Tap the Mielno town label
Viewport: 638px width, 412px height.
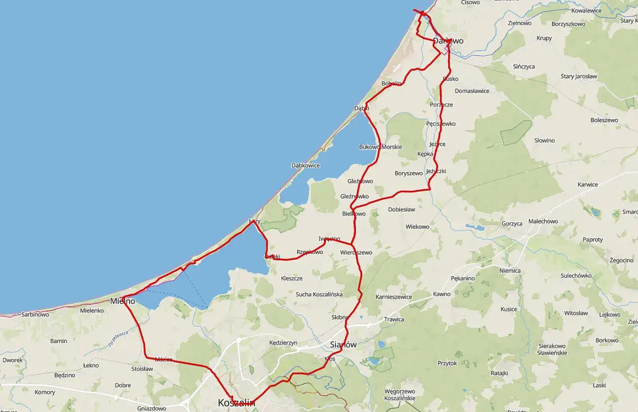click(122, 301)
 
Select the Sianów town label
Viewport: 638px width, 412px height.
click(343, 345)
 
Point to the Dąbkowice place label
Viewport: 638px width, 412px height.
click(306, 166)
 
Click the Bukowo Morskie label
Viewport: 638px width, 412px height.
click(380, 147)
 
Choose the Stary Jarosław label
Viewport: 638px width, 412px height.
click(579, 76)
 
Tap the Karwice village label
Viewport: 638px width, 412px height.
click(587, 185)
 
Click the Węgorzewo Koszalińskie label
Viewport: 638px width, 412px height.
click(400, 395)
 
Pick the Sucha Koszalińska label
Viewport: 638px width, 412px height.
click(319, 294)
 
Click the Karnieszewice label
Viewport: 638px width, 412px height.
click(394, 297)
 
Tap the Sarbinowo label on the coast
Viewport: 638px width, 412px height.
click(35, 315)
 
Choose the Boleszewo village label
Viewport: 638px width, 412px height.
click(604, 120)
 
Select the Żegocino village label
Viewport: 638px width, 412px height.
click(621, 260)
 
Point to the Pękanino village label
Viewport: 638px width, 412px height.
click(462, 278)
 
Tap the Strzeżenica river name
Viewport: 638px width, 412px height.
click(118, 338)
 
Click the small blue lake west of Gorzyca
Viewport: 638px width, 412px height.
click(476, 227)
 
